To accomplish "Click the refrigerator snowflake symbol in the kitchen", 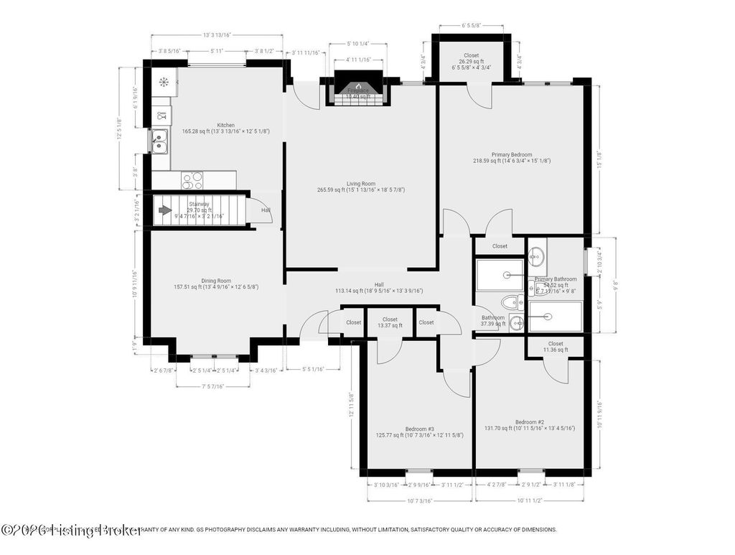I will click(x=164, y=82).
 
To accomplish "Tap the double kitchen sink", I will click(x=159, y=141).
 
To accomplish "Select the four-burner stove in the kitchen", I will click(x=192, y=179).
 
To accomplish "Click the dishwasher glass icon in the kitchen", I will click(x=161, y=115).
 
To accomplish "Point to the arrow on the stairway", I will click(x=164, y=210).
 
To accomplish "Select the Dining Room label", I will click(x=216, y=281).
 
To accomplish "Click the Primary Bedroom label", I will click(x=512, y=154).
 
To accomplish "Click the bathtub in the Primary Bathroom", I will click(x=556, y=316).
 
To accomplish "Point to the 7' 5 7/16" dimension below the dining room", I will click(x=215, y=386).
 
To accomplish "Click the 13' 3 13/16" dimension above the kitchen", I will click(x=216, y=34).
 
